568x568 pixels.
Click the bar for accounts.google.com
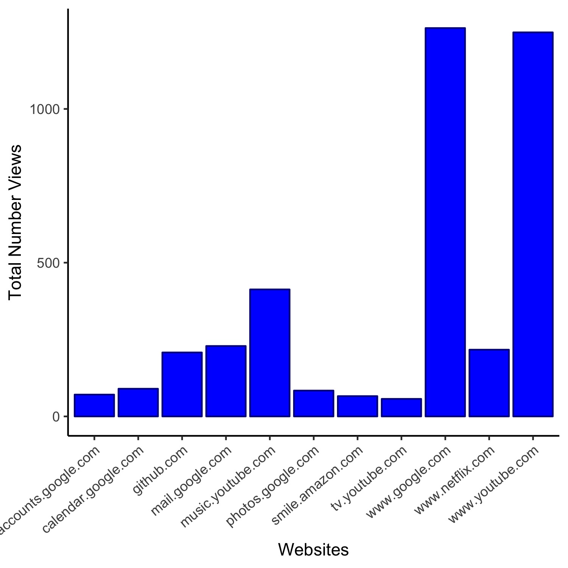[94, 406]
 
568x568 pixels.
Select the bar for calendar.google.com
[138, 403]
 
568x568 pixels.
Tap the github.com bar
[182, 384]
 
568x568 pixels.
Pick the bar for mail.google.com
[226, 381]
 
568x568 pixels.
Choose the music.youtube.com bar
[270, 353]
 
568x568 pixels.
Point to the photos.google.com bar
[314, 403]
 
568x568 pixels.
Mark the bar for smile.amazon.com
[357, 406]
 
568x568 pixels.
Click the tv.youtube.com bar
[401, 407]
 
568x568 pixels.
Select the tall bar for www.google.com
[445, 222]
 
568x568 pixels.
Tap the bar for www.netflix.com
[489, 383]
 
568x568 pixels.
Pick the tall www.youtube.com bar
[533, 224]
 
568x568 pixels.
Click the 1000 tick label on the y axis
[45, 109]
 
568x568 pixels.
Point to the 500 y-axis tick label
[49, 263]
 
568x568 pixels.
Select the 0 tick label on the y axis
[56, 417]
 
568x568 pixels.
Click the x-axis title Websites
[313, 550]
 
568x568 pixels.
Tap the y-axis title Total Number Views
[15, 223]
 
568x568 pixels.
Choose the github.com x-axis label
[161, 470]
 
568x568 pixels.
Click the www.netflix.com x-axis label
[454, 480]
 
